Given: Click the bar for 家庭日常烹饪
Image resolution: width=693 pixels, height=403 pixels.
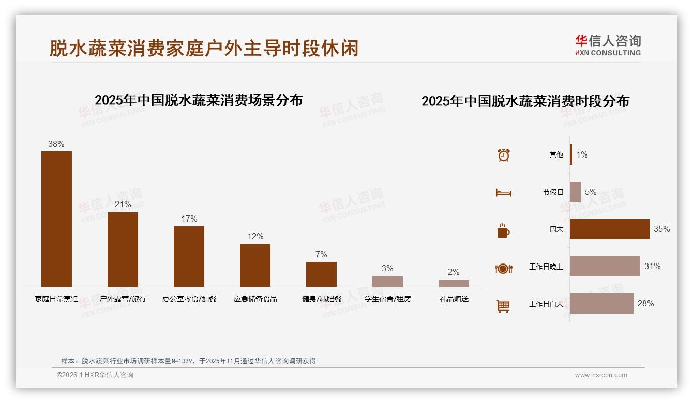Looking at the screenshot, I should (56, 219).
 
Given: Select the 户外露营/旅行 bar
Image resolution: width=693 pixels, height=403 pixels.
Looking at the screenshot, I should (123, 249).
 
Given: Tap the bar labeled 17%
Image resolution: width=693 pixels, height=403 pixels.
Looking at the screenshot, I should (189, 256).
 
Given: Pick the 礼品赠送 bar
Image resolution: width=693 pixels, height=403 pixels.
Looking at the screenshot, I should (454, 283).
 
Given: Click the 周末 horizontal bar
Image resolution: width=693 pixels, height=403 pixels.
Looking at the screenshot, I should (609, 229).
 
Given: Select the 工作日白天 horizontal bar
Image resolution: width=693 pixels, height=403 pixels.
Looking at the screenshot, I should (601, 303).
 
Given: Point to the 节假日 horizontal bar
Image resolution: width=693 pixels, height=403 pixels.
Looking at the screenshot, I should (575, 192).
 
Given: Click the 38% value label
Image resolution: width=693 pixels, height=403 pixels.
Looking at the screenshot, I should (56, 144).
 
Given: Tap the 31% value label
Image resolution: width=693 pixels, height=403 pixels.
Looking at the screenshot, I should (652, 267).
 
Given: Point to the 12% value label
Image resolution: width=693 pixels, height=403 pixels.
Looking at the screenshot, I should (255, 237).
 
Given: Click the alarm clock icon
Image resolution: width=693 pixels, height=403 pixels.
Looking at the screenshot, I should (503, 155).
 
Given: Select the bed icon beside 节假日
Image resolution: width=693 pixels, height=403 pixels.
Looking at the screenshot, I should (503, 193).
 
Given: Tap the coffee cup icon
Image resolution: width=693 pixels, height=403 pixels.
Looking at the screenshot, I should (503, 230).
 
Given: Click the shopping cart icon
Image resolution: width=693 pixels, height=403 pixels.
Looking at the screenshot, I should (503, 306).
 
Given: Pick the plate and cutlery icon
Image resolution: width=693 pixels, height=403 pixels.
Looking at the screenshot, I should (503, 268).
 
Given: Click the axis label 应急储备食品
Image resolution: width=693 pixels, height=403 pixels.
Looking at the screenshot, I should (255, 299).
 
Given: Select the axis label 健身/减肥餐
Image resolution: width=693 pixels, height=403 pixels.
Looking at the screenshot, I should (322, 299).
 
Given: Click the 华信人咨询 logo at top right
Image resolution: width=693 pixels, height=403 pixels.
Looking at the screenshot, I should (608, 45).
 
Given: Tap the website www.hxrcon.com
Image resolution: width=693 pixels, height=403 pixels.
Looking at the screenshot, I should (601, 375).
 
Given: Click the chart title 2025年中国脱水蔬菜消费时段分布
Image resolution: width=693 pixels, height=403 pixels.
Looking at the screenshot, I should (525, 101).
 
